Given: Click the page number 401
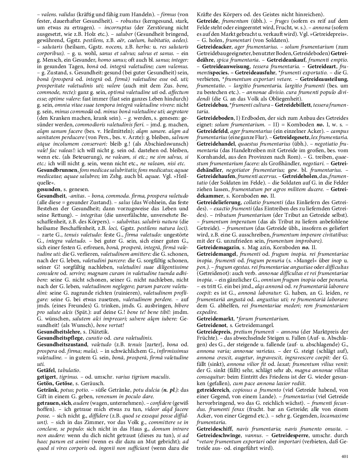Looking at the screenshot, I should click(x=345, y=456).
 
